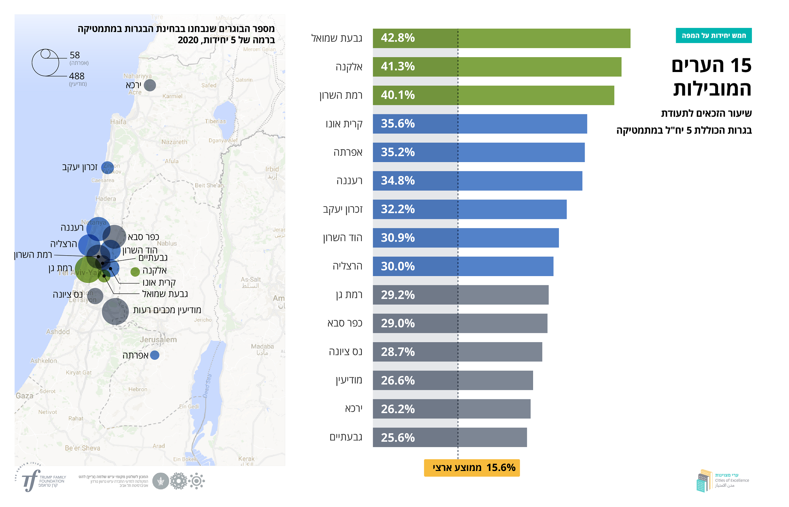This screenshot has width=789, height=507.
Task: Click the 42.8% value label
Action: (x=398, y=38)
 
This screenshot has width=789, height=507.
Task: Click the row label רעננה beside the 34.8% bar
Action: (x=349, y=181)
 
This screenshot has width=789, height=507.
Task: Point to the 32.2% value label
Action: (x=398, y=209)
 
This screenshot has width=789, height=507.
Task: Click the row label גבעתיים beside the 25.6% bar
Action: (x=346, y=437)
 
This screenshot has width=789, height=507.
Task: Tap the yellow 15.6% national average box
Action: (x=472, y=468)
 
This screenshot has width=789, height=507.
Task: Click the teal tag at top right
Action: (x=713, y=36)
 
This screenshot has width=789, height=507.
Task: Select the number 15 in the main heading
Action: (x=741, y=66)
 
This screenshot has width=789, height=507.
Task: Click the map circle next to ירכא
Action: (x=150, y=85)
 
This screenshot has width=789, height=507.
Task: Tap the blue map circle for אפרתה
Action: (x=155, y=355)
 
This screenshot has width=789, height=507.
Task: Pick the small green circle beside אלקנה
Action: (x=135, y=272)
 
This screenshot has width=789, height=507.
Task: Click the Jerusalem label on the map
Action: (x=158, y=340)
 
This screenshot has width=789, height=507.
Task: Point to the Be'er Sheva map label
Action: (x=82, y=448)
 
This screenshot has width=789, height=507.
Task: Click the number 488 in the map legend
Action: (x=77, y=76)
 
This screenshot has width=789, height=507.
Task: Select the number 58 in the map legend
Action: (x=75, y=55)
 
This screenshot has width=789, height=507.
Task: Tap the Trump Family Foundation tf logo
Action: (x=31, y=480)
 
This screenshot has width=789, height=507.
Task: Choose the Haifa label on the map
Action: (x=118, y=122)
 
